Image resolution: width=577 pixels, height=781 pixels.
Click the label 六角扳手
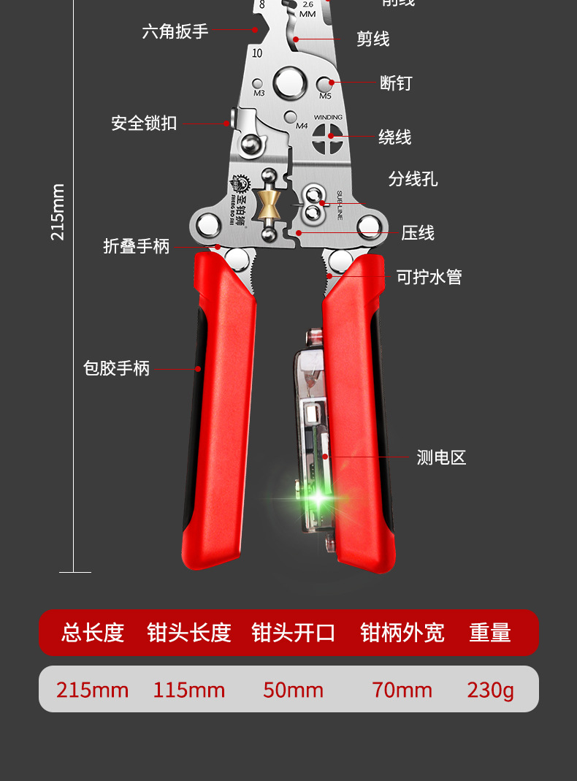[x=175, y=31]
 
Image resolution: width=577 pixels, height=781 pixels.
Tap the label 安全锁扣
[x=144, y=123]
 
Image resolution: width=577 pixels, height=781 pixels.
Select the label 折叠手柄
[x=136, y=246]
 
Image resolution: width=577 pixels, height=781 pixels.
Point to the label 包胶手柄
[x=116, y=368]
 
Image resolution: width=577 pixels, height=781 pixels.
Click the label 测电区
[x=441, y=458]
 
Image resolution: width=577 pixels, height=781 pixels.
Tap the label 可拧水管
[x=429, y=277]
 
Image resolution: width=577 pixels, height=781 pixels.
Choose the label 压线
[x=418, y=233]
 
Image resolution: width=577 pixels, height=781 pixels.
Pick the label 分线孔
[x=413, y=179]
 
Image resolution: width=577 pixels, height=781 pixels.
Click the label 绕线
[x=394, y=137]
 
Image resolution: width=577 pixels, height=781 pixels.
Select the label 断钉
[x=396, y=83]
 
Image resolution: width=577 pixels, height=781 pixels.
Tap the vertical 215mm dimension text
[x=58, y=212]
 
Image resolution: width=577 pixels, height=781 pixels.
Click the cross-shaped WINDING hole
[x=328, y=137]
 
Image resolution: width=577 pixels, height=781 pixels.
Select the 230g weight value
[x=490, y=690]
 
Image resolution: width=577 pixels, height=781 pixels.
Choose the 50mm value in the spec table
[x=293, y=690]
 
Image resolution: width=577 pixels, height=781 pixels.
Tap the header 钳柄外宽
[x=402, y=633]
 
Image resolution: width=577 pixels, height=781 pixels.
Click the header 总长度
[x=93, y=633]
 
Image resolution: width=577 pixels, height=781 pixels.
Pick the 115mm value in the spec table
[x=188, y=690]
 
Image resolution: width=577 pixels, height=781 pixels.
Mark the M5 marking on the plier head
[x=325, y=96]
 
